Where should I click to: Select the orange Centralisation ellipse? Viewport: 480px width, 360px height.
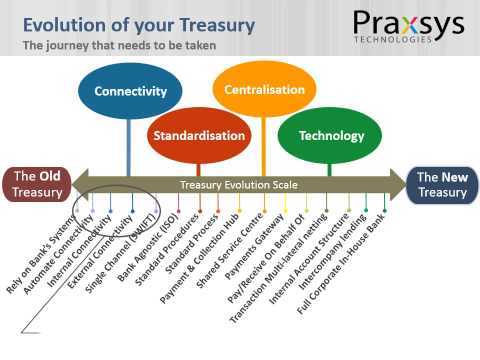pyautogui.click(x=265, y=89)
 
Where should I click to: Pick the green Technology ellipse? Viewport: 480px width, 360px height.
pyautogui.click(x=329, y=135)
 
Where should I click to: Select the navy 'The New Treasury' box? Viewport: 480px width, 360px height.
pyautogui.click(x=441, y=184)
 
